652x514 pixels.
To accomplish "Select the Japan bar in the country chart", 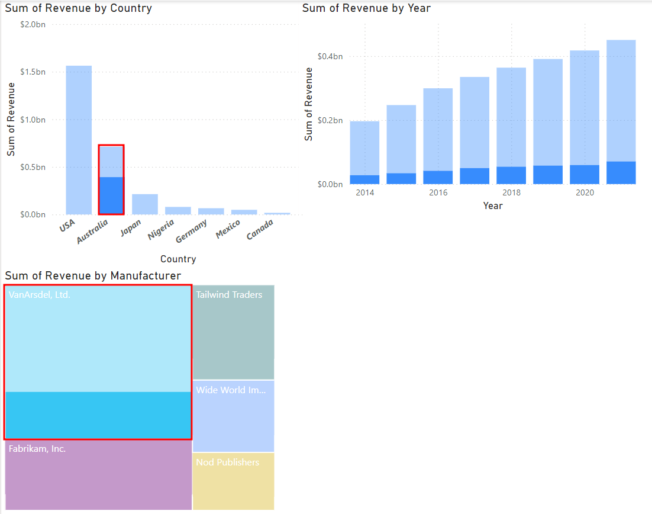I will click(x=145, y=204).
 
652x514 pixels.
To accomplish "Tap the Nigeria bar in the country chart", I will click(x=178, y=211).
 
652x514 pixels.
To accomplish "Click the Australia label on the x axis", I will click(x=93, y=232).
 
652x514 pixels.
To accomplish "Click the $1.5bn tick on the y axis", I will click(x=33, y=72).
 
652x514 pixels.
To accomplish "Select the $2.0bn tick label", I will click(x=33, y=24).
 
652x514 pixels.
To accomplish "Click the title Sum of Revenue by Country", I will click(x=79, y=8).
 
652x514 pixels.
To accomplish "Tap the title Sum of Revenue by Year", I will click(x=366, y=8).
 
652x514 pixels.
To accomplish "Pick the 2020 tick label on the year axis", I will click(x=585, y=192).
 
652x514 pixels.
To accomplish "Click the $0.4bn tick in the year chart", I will click(x=330, y=56).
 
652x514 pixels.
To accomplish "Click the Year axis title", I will click(x=492, y=205).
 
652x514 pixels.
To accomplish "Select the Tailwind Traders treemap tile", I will click(x=234, y=332).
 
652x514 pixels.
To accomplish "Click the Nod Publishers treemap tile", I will click(x=234, y=481).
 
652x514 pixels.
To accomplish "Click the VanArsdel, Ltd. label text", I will click(x=40, y=294).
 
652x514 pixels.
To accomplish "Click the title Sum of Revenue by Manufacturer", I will click(x=93, y=275).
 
